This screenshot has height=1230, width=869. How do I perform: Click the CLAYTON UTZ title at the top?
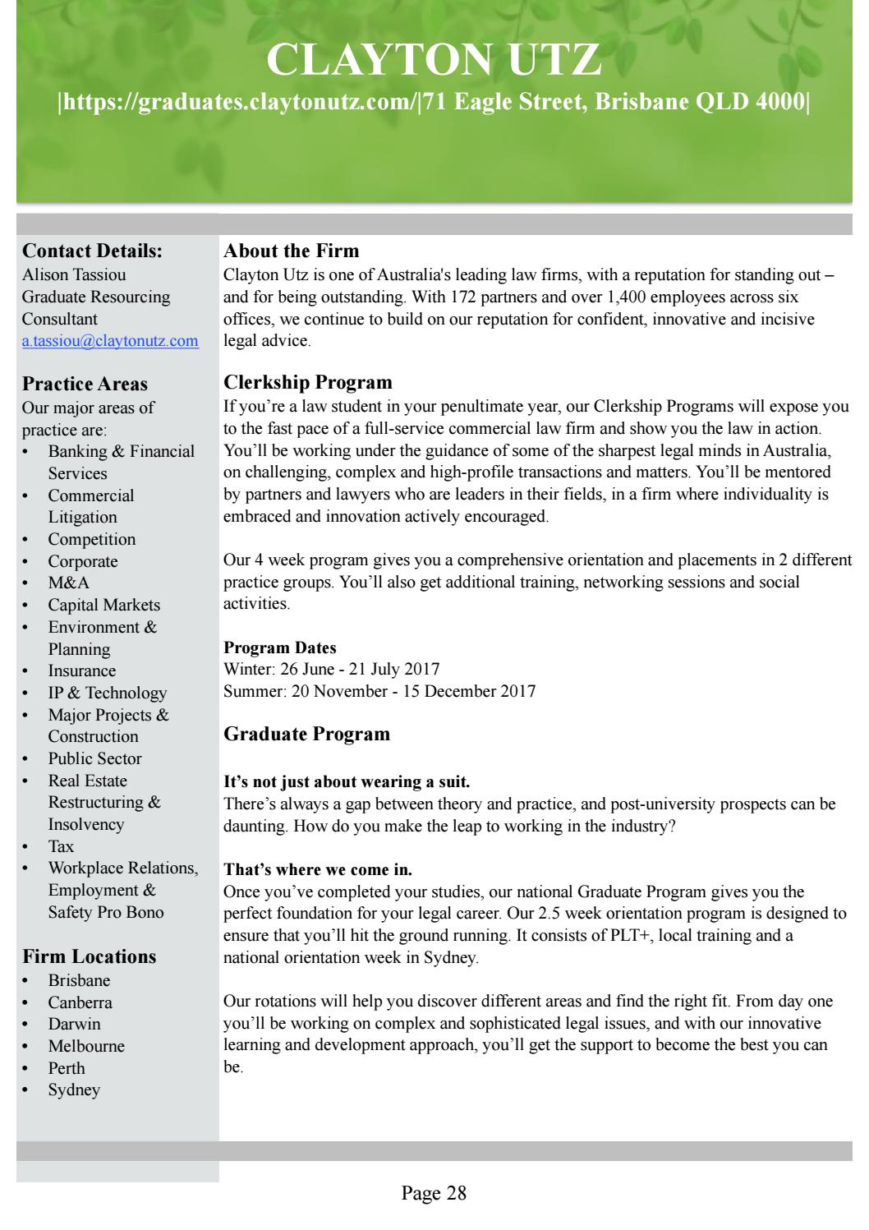(x=434, y=60)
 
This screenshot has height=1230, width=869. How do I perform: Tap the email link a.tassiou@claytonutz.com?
(x=110, y=341)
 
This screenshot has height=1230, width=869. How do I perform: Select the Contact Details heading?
(x=92, y=251)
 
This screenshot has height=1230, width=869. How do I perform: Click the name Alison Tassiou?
(x=74, y=275)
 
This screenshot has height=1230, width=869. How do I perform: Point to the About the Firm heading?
(x=292, y=251)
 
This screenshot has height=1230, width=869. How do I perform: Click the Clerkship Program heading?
(x=308, y=382)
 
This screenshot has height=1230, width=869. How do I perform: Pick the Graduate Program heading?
(x=307, y=734)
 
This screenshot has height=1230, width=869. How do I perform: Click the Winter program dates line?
(x=332, y=669)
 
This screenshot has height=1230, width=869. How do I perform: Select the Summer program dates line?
(x=379, y=691)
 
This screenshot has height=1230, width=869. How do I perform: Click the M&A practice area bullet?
(x=69, y=583)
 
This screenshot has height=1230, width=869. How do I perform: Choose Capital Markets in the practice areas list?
(x=104, y=605)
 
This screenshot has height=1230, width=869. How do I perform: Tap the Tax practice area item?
(x=61, y=846)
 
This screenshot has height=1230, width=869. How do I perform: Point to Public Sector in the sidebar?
(x=94, y=758)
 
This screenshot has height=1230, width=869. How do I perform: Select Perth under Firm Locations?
(x=67, y=1068)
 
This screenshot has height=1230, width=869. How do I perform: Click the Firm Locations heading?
(x=90, y=956)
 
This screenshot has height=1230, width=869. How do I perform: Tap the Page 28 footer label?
(x=434, y=1193)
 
